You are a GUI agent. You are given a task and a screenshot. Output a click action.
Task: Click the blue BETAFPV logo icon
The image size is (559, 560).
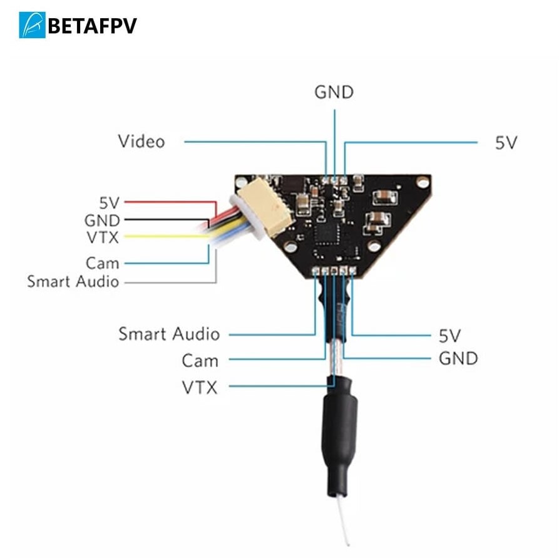[32, 25]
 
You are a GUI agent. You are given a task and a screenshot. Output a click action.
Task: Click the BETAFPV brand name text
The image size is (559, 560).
[91, 26]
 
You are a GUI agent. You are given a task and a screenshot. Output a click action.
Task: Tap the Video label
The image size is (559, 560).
[141, 142]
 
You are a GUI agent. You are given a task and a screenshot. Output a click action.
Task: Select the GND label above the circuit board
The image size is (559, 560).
[334, 93]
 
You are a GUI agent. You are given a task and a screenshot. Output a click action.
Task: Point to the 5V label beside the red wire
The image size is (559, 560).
[109, 202]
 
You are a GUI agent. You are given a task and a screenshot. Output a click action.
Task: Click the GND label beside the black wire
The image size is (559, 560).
[102, 220]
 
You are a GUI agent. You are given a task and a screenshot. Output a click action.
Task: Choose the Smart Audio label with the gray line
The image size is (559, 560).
[73, 282]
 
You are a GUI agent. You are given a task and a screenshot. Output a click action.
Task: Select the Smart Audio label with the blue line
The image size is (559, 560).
[169, 334]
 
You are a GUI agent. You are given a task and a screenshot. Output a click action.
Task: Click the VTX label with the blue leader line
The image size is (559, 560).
[200, 388]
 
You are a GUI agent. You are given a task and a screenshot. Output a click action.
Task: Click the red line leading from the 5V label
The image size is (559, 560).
[169, 202]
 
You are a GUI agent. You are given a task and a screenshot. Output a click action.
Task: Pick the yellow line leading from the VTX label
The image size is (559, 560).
[163, 237]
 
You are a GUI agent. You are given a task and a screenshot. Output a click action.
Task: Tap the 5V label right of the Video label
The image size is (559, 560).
[506, 143]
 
